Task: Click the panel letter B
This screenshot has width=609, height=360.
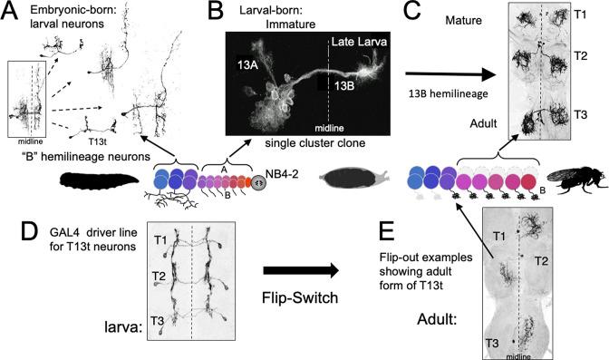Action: click(217, 12)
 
